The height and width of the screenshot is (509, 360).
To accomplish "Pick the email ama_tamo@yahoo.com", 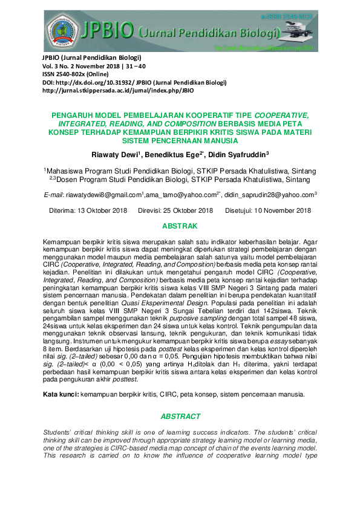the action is [180, 195].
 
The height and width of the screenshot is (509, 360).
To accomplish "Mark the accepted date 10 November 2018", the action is [280, 210].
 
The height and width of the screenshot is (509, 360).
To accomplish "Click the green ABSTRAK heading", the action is [180, 226].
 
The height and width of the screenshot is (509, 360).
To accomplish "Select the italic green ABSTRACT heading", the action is [180, 417].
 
